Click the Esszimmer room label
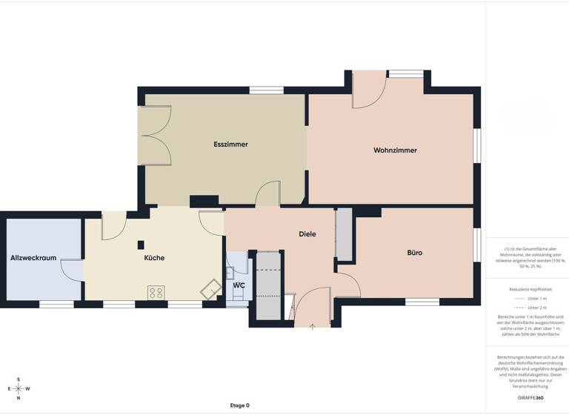pyautogui.click(x=230, y=144)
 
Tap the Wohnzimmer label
pyautogui.click(x=395, y=150)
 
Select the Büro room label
pyautogui.click(x=415, y=252)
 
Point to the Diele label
pyautogui.click(x=307, y=233)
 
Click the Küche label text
pyautogui.click(x=154, y=258)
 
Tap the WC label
pyautogui.click(x=239, y=285)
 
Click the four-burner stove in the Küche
pyautogui.click(x=156, y=292)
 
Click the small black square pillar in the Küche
pyautogui.click(x=141, y=245)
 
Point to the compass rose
pyautogui.click(x=19, y=388)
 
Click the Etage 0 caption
pyautogui.click(x=239, y=405)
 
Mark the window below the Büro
pyautogui.click(x=422, y=302)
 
